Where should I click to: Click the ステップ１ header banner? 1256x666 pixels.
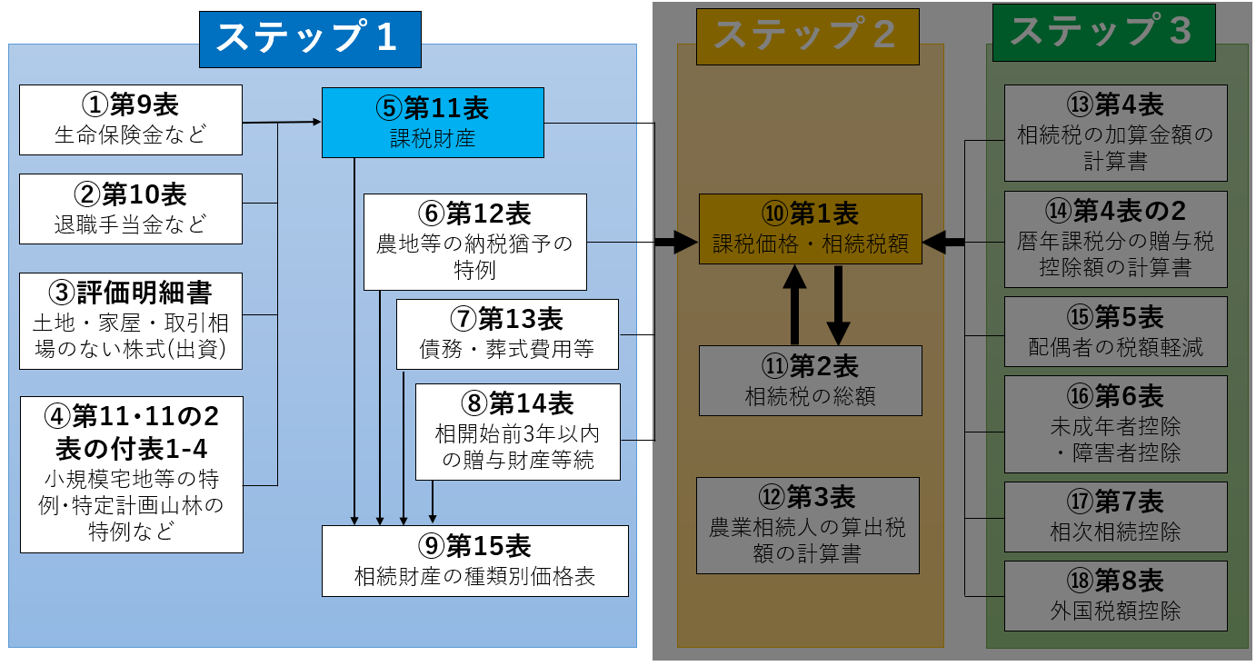[x=310, y=39]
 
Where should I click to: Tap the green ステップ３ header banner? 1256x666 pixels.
[x=1103, y=32]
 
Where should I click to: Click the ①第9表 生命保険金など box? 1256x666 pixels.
[x=131, y=120]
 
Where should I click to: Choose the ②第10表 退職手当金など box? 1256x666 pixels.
[x=131, y=209]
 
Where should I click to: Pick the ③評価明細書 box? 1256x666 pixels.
[x=131, y=321]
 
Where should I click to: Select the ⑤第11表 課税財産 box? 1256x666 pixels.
[x=433, y=123]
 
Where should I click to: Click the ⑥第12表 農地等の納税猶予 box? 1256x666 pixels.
[x=474, y=242]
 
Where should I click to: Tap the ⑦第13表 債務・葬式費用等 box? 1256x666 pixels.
[x=507, y=333]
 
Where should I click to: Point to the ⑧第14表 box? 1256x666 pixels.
[x=518, y=432]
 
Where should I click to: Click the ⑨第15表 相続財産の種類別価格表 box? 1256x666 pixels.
[x=475, y=561]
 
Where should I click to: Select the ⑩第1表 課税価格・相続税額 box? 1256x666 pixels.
[x=810, y=228]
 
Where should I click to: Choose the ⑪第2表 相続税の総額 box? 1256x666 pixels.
[x=810, y=380]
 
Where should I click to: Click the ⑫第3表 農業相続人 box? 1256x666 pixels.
[x=808, y=525]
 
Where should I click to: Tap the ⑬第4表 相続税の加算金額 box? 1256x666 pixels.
[x=1115, y=133]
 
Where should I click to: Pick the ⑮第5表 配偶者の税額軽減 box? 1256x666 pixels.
[x=1115, y=332]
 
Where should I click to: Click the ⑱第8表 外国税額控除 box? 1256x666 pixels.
[x=1115, y=595]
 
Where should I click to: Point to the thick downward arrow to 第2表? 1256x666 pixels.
[x=837, y=304]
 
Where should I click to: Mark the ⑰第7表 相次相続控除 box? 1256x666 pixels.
[x=1115, y=516]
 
